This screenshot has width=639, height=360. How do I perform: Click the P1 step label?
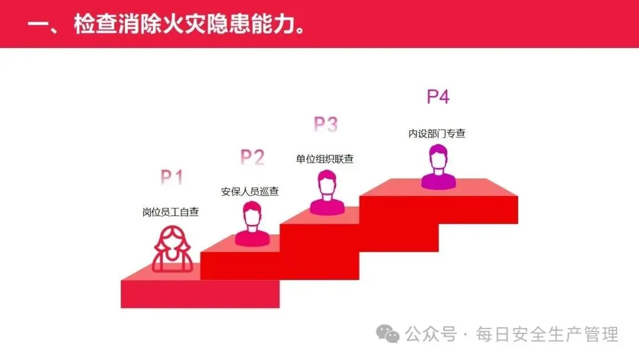[172, 178]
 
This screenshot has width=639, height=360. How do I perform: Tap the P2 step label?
[252, 157]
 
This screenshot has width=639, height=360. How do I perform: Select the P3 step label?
[325, 124]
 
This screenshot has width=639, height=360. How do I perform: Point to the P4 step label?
[438, 97]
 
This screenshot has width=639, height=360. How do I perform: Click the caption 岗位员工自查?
[170, 212]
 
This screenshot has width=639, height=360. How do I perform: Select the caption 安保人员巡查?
[250, 191]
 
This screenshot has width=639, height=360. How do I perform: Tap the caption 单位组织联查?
[325, 159]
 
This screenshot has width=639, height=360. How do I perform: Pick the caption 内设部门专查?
[437, 134]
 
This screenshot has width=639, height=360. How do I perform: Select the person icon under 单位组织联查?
[327, 192]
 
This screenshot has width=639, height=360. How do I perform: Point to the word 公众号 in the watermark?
[431, 335]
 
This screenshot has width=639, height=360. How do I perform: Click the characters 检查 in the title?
[96, 25]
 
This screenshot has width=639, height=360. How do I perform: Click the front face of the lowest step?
[199, 294]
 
